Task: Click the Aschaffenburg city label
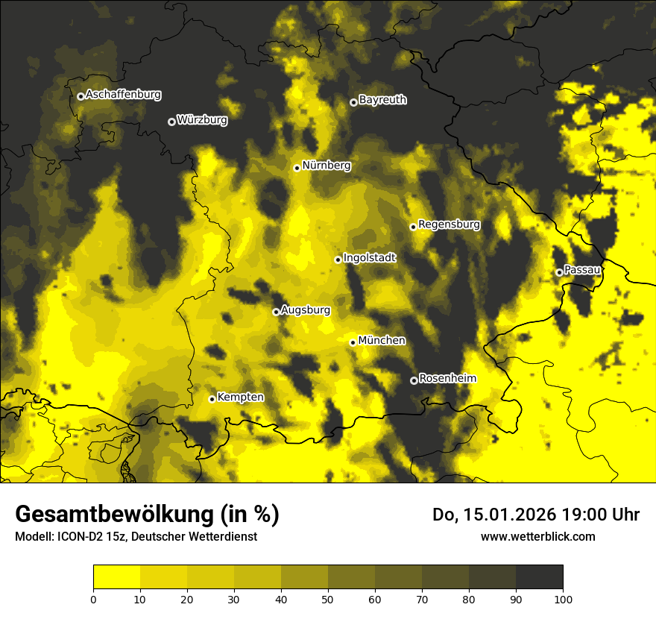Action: (x=123, y=95)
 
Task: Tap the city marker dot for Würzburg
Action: (x=171, y=122)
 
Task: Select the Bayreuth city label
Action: (x=382, y=99)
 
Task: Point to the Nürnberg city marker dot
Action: (x=297, y=168)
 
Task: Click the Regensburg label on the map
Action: (x=449, y=224)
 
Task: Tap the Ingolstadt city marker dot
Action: (x=338, y=260)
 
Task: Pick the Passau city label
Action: (x=582, y=269)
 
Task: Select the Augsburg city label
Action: (x=306, y=309)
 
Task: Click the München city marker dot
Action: (x=353, y=342)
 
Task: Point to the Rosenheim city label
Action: (x=447, y=378)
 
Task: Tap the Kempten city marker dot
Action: (x=212, y=399)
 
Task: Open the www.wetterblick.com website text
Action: (x=537, y=536)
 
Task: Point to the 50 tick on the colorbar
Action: (x=328, y=598)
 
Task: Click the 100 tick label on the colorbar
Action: (x=563, y=598)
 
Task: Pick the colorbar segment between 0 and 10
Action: (x=116, y=577)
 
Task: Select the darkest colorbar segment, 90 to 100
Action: (x=539, y=577)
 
